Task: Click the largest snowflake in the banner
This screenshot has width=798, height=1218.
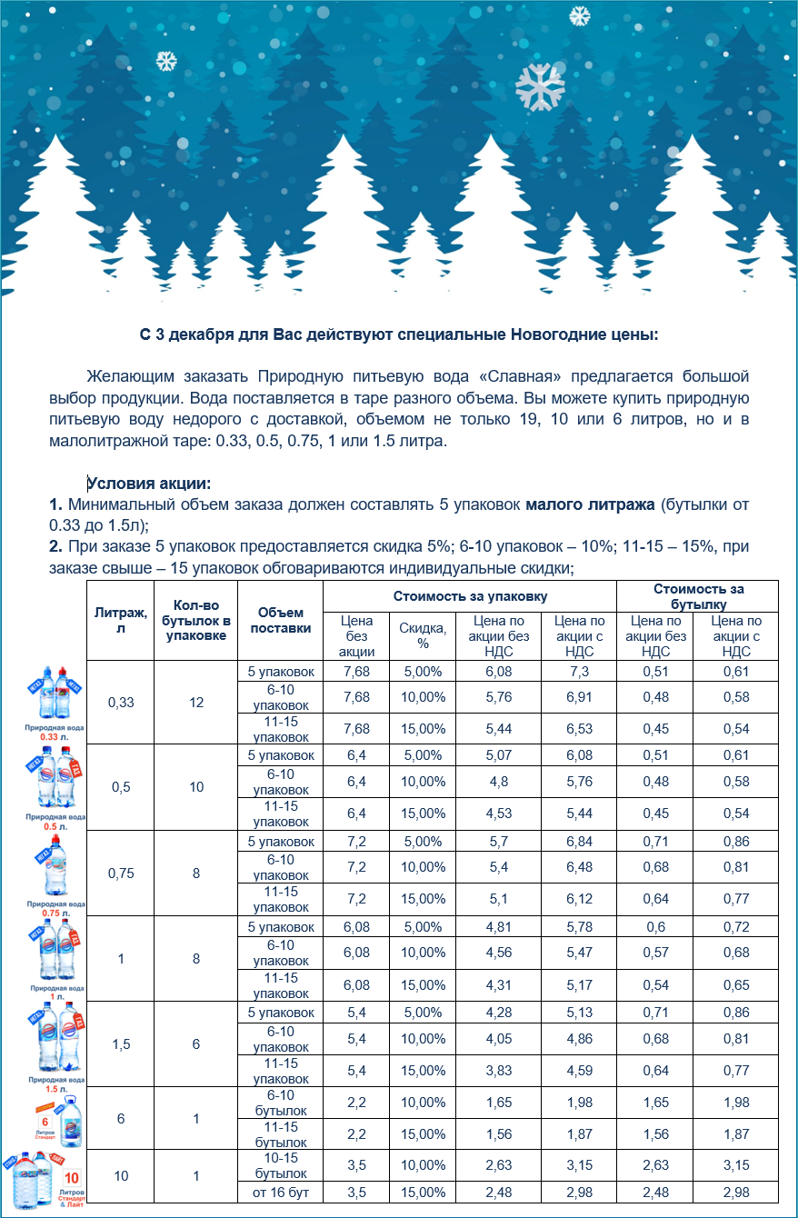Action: (540, 87)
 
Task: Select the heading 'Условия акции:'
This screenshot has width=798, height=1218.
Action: (149, 484)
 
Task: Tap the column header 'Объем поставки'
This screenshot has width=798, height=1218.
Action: (280, 620)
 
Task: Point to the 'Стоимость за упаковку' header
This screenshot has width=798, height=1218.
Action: (470, 596)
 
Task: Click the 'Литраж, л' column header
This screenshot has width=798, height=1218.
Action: (120, 620)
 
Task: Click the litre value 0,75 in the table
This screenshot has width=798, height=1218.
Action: (120, 874)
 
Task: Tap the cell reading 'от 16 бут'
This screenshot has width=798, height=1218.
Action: (280, 1193)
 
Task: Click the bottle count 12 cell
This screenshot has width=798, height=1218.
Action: (196, 703)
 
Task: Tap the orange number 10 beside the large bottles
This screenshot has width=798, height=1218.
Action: (72, 1177)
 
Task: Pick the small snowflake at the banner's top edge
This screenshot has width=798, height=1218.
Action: (579, 15)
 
